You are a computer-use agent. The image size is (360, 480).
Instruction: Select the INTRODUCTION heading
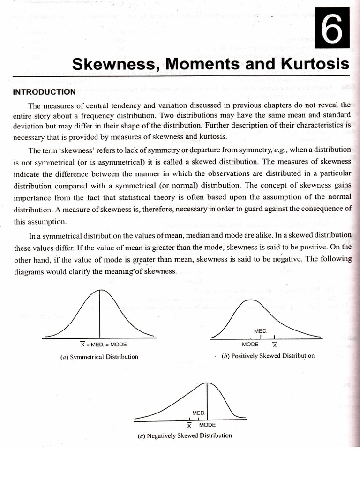[44, 92]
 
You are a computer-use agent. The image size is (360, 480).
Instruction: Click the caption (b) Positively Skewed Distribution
[268, 356]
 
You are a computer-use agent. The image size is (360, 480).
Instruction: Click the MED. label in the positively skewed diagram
[261, 331]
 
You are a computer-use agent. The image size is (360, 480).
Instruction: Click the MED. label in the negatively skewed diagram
[199, 412]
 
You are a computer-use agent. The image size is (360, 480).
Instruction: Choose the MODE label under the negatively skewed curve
[207, 425]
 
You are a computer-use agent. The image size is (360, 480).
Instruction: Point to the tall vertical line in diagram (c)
[208, 398]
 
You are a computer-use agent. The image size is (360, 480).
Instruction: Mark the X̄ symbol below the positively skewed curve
[275, 345]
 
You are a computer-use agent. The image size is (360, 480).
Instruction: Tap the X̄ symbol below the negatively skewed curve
[189, 426]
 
